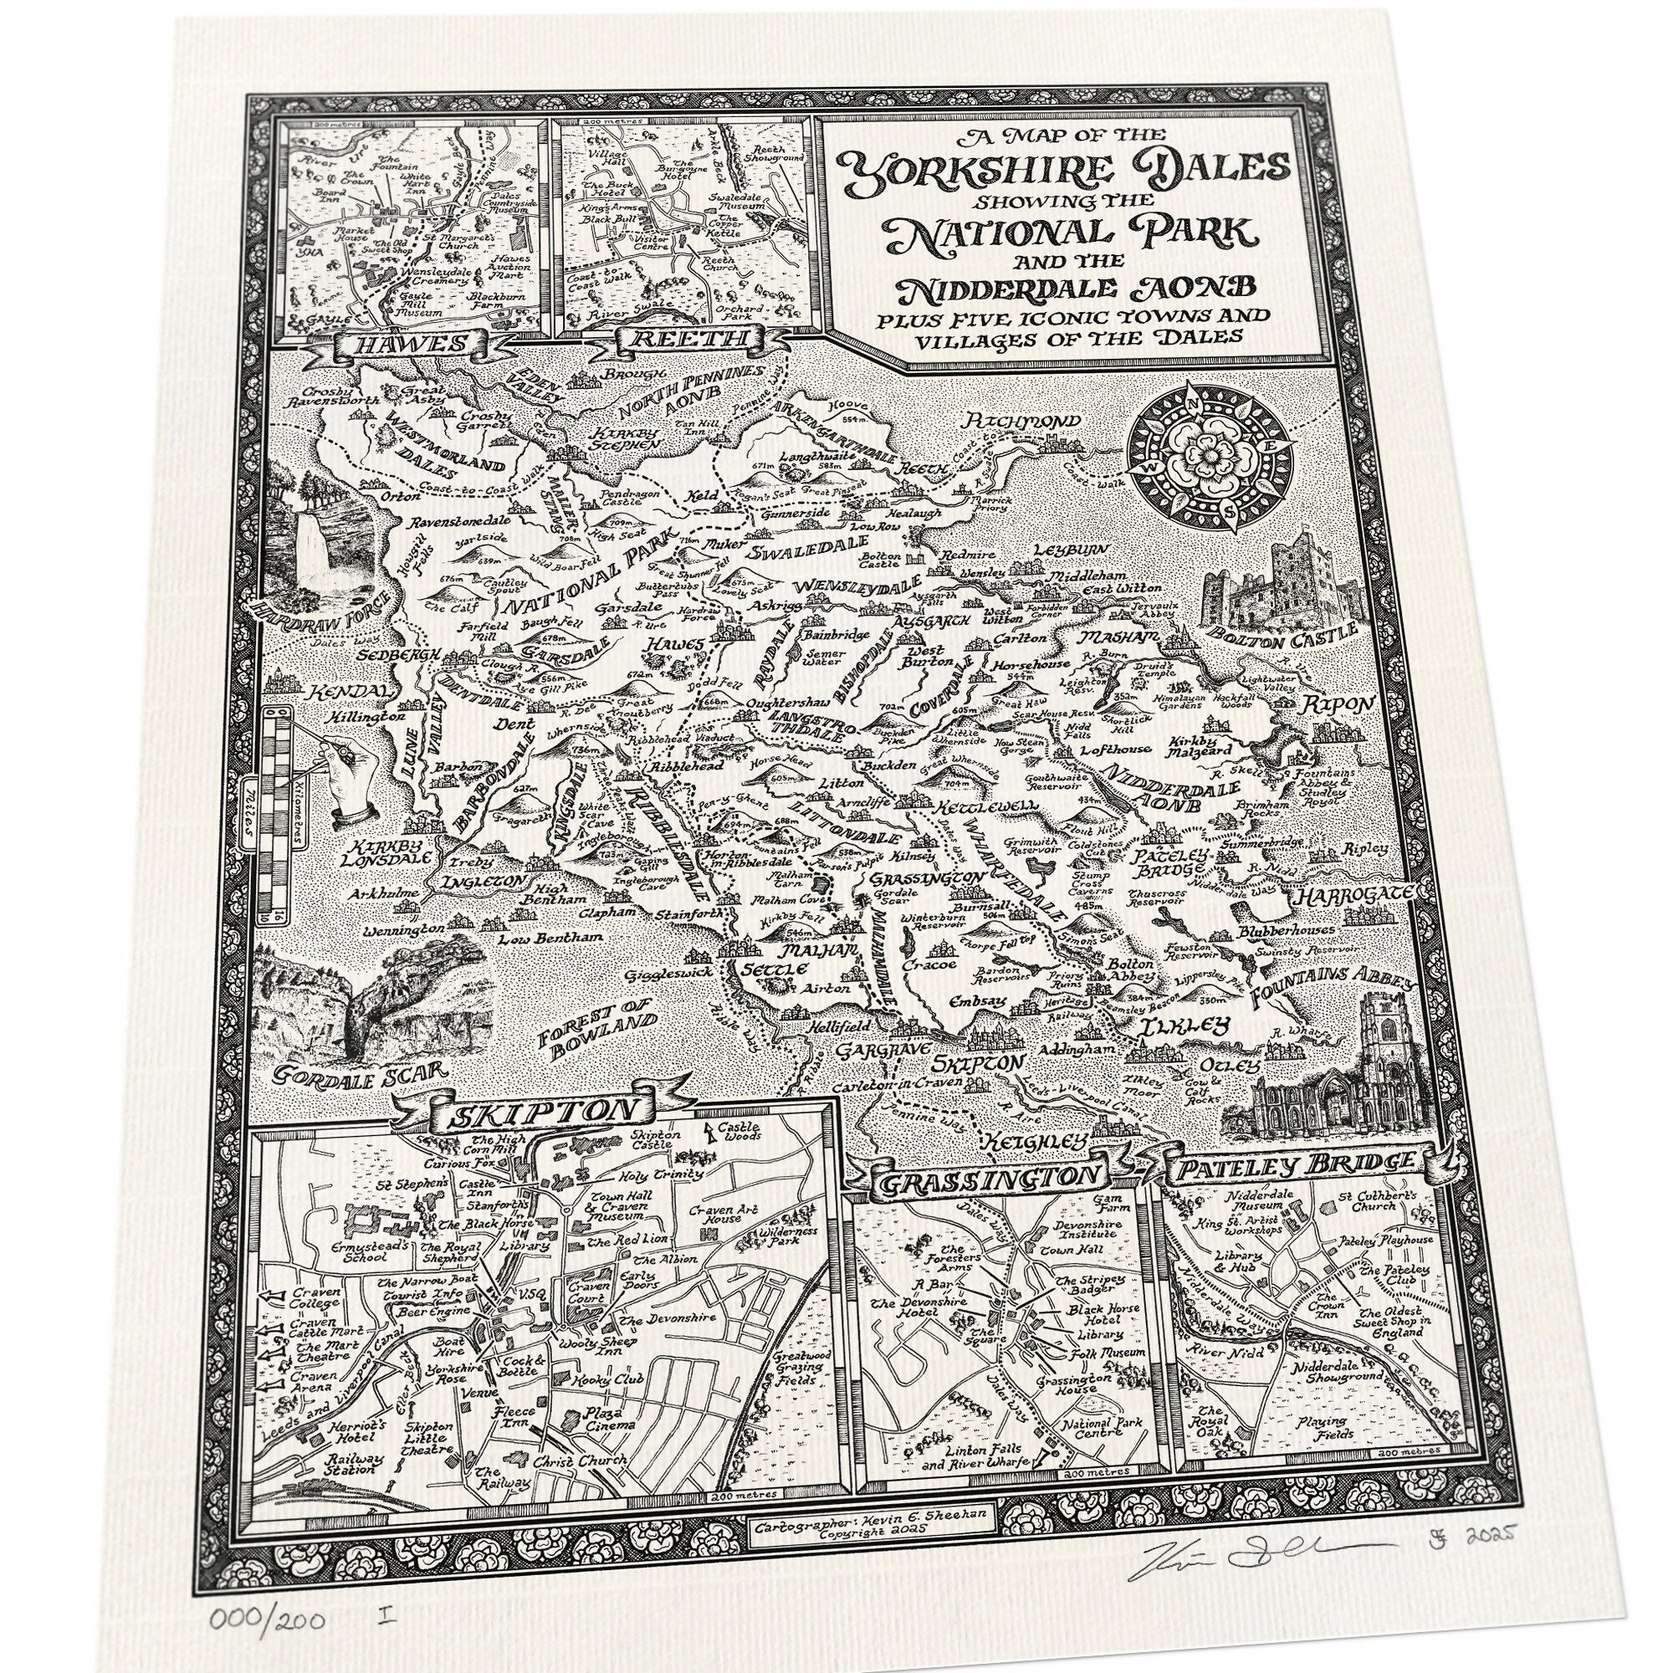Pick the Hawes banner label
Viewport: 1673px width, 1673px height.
(x=410, y=345)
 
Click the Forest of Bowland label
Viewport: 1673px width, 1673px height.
(x=591, y=1028)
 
